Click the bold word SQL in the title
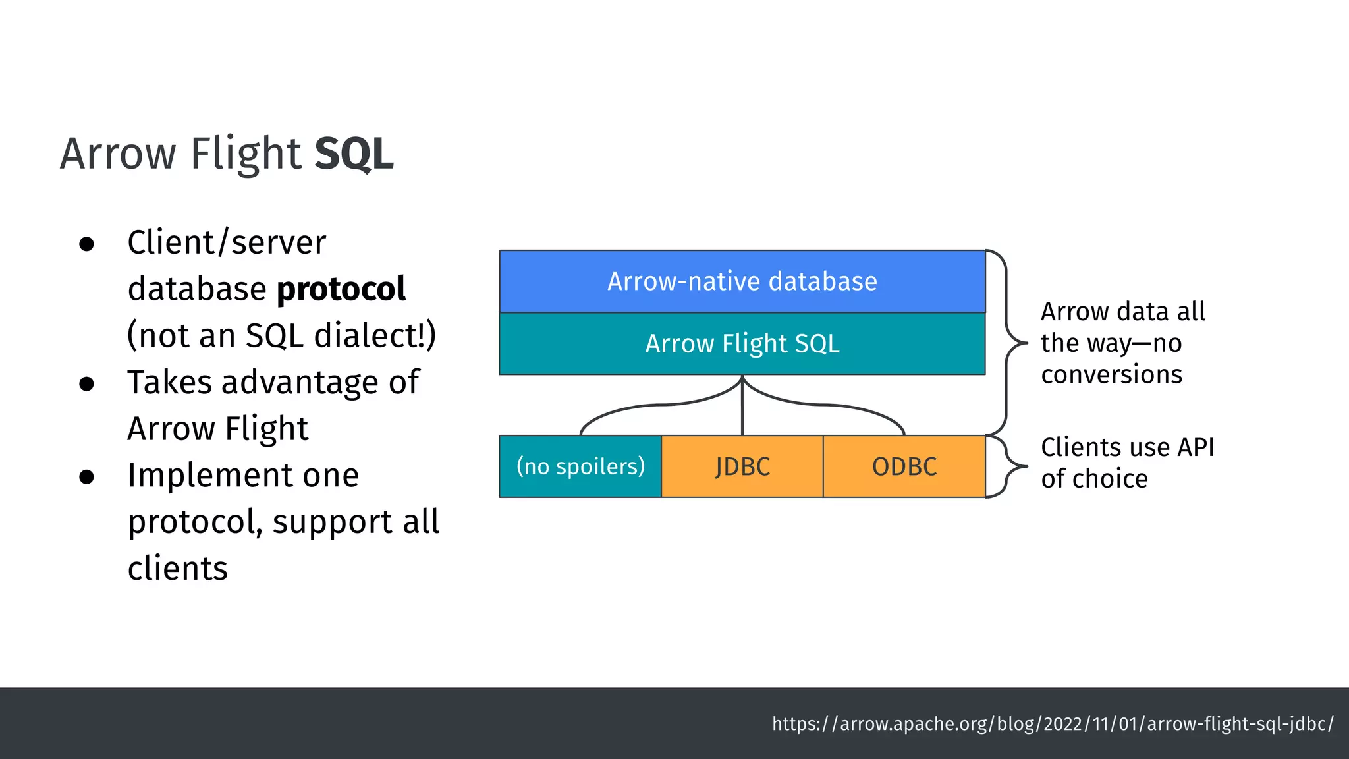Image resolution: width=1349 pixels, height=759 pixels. pos(354,154)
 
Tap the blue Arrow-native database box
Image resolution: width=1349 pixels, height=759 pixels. pos(742,281)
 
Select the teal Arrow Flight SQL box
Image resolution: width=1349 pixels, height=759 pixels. pos(742,343)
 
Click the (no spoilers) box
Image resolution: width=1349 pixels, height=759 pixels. pos(580,466)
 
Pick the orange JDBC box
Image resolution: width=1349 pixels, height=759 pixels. pos(742,466)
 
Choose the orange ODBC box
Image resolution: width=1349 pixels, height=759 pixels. pos(904,466)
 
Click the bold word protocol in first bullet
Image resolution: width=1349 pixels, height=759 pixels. pos(341,289)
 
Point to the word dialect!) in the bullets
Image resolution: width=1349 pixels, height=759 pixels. pos(375,335)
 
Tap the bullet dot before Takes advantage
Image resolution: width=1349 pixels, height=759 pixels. pos(86,383)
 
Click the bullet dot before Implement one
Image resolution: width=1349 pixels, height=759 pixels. pos(86,476)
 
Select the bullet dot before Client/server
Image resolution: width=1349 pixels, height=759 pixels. pos(86,244)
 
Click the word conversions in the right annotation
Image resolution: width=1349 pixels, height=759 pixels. pos(1111,374)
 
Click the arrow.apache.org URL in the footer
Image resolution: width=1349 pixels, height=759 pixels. pos(1052,723)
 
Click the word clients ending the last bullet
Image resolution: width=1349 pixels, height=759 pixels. pos(177,569)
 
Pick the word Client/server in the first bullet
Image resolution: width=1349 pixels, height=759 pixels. pos(226,242)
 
